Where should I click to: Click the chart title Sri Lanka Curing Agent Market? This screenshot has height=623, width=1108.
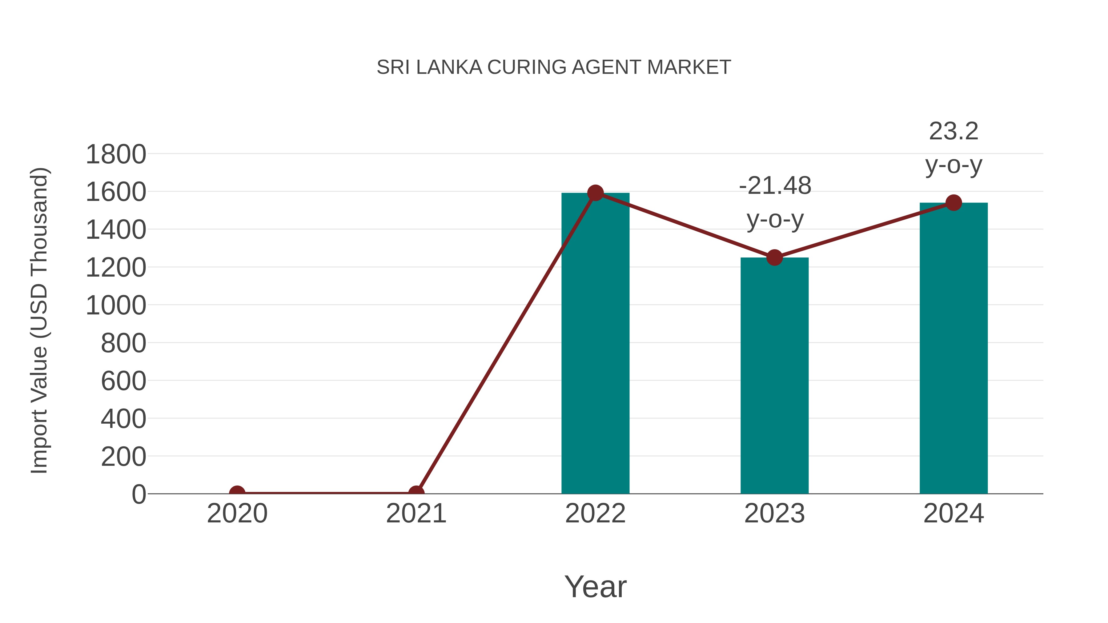pos(554,67)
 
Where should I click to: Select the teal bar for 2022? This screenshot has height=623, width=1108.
pos(595,344)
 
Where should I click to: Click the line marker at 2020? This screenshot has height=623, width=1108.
pos(237,493)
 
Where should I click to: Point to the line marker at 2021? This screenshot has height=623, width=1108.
pos(416,493)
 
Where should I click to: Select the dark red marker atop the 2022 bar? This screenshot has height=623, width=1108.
pos(595,193)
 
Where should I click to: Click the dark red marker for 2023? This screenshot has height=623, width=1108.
pos(774,258)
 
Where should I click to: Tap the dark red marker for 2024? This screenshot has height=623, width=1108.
pos(953,202)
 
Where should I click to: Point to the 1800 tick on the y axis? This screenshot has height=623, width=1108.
pos(116,154)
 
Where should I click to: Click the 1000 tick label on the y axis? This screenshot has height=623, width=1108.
pos(116,306)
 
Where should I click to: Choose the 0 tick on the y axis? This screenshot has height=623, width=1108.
pos(138,494)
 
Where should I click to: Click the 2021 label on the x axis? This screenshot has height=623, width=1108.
pos(416,513)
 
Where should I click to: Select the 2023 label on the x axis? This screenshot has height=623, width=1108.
pos(774,513)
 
